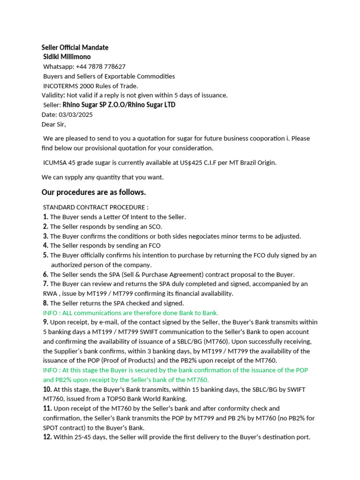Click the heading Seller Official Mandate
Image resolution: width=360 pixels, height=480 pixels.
tap(75, 47)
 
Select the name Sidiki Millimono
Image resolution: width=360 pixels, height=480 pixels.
tap(67, 57)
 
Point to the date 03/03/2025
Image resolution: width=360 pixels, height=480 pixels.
tap(76, 114)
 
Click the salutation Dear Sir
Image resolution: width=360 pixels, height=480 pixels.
tap(54, 124)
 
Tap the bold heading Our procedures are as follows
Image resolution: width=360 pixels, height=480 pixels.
tap(94, 192)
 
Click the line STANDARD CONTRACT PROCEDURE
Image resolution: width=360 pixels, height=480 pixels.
tap(96, 207)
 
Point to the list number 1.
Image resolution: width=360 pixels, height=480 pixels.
tap(45, 217)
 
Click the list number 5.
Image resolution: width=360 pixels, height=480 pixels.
tap(45, 255)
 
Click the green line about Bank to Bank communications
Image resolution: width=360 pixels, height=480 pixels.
tap(130, 313)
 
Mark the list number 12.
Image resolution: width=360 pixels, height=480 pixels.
tap(46, 437)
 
